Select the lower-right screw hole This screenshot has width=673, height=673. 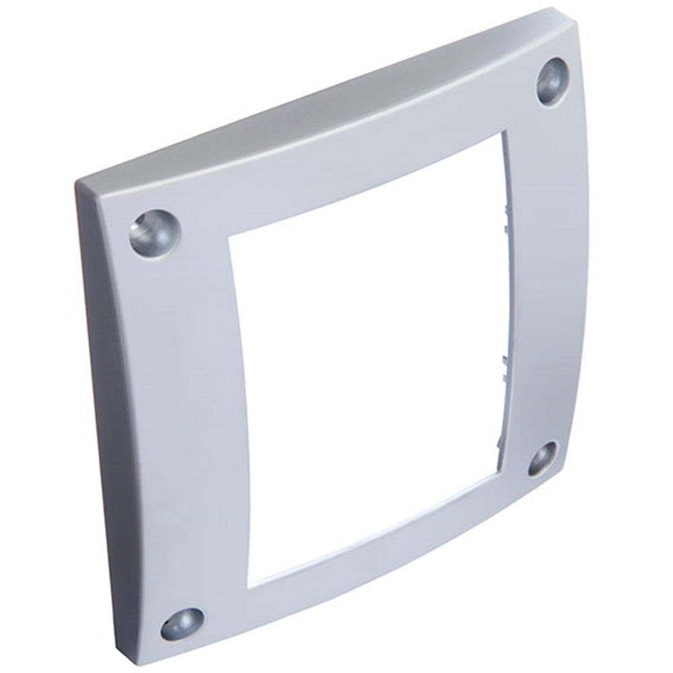pyautogui.click(x=540, y=458)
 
